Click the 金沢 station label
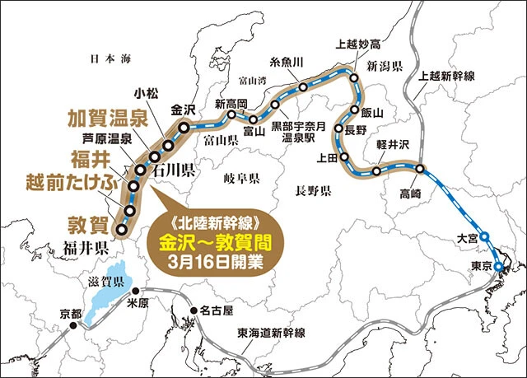(183, 110)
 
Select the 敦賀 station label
(89, 222)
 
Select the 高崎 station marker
(421, 169)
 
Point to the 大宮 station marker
(484, 236)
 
